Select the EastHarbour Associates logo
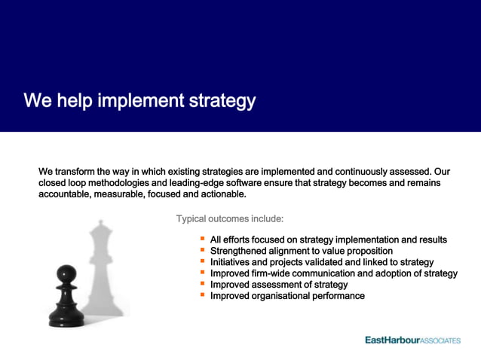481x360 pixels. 412,340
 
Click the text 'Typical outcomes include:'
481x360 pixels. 230,219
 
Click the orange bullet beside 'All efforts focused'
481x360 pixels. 202,239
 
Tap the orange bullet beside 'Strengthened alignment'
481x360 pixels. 202,250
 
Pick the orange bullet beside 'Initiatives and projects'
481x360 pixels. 202,261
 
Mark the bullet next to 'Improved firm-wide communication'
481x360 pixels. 202,273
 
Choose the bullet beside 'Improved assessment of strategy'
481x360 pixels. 202,284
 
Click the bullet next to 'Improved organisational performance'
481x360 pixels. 202,295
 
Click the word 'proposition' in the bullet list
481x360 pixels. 365,251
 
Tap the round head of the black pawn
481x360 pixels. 67,272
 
